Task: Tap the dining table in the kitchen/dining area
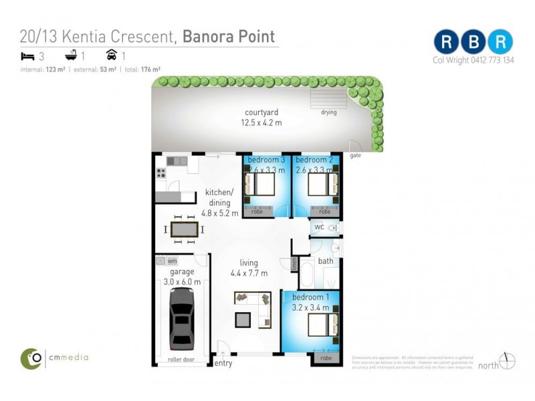184,230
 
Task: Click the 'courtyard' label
261,112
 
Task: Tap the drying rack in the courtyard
328,99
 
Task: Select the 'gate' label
355,155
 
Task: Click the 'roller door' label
180,359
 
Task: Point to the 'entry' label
223,363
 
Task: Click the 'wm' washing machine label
173,261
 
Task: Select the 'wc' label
319,227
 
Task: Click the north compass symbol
508,361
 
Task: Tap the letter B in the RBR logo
473,41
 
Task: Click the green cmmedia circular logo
30,358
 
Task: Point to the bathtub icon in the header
70,55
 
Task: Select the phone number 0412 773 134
491,60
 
